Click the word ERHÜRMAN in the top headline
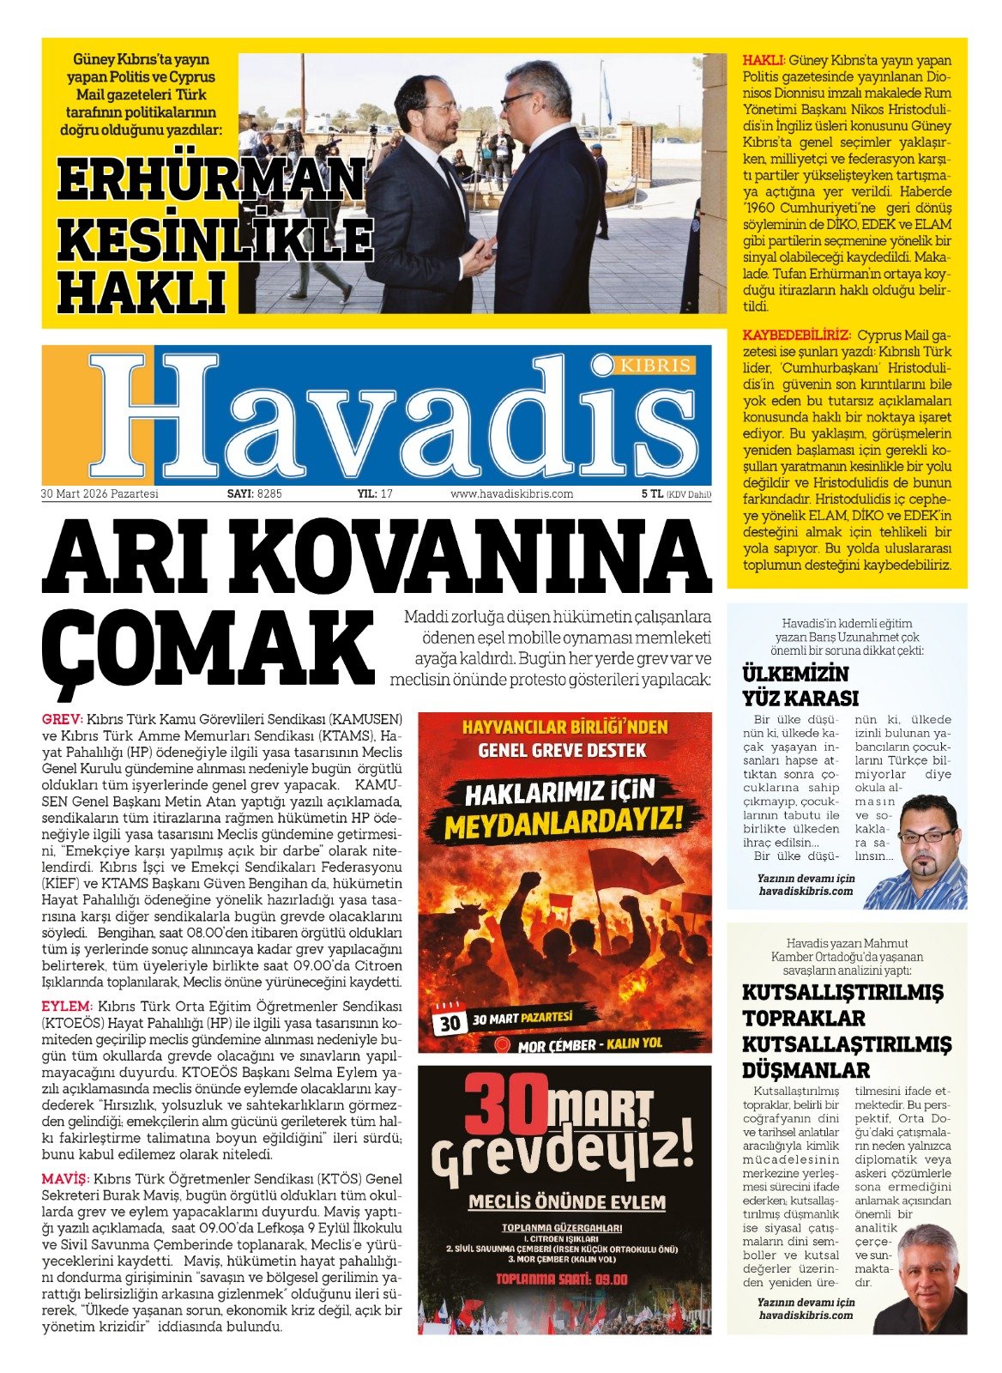pos(211,179)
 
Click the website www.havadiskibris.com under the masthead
pos(511,494)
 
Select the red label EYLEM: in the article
pos(66,1006)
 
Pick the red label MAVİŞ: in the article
pos(65,1179)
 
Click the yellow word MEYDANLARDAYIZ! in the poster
pos(564,824)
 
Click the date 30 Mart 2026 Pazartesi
pos(100,494)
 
